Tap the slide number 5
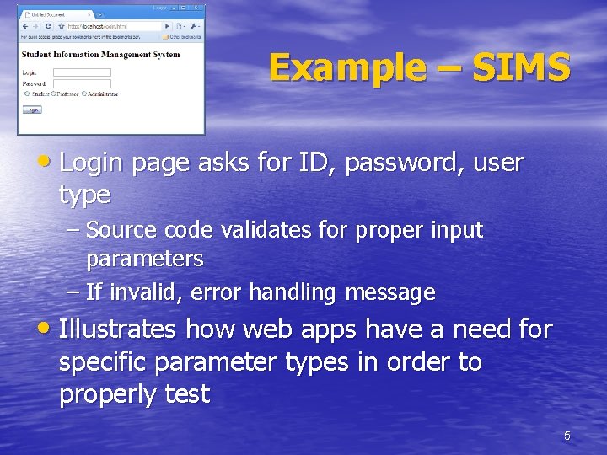(x=567, y=436)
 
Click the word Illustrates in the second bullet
(x=117, y=329)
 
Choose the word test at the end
(x=186, y=393)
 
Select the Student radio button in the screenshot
(x=27, y=94)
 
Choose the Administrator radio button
(x=83, y=94)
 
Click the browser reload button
(x=48, y=26)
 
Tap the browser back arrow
(x=24, y=26)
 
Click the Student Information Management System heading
(x=100, y=55)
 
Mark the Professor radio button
(x=54, y=94)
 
